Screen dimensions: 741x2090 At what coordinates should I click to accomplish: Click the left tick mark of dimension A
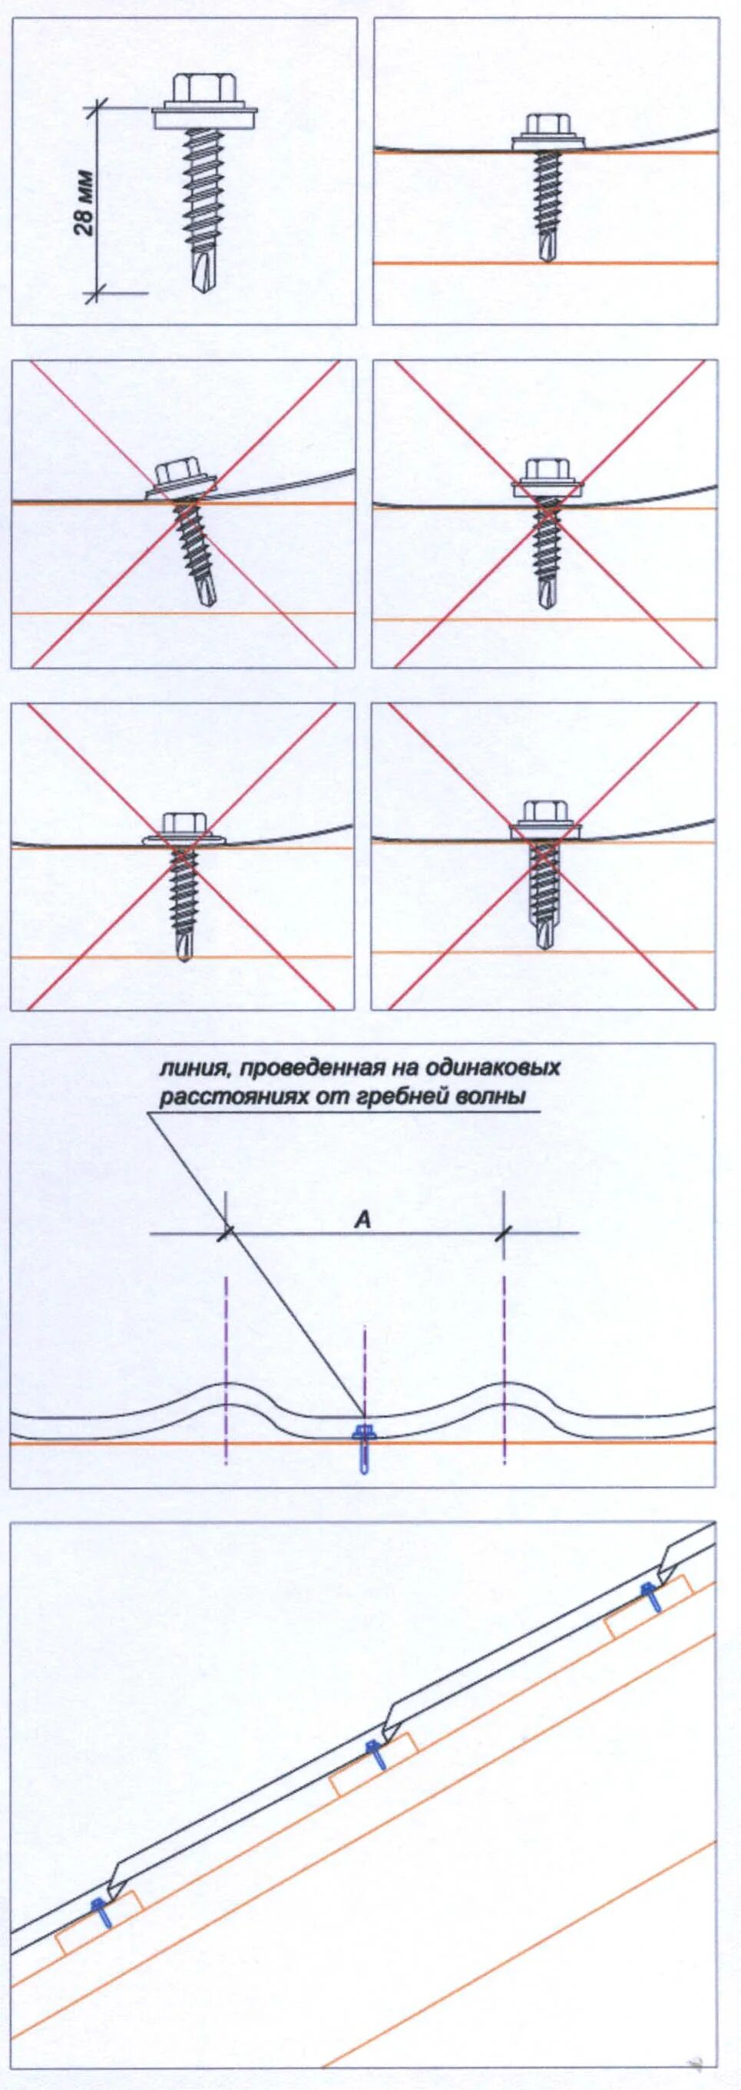(226, 1233)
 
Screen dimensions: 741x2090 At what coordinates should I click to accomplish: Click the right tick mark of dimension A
(504, 1233)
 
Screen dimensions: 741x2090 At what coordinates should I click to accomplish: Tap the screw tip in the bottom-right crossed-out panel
(546, 939)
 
